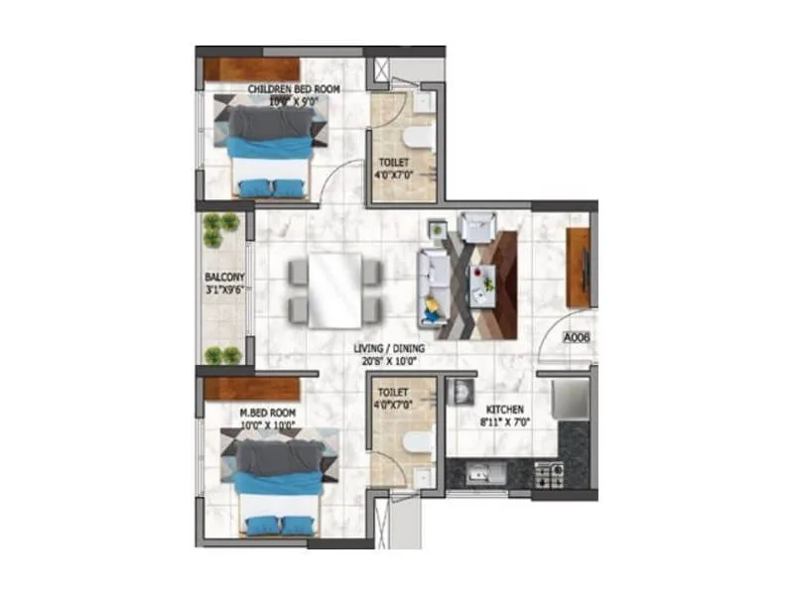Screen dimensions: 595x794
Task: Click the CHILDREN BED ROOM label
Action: [x=294, y=89]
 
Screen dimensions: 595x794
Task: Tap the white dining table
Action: [x=334, y=290]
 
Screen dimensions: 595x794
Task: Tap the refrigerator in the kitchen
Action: [x=571, y=399]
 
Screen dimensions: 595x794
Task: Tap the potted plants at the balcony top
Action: [x=220, y=229]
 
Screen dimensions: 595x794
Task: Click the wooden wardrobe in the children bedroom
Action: [x=252, y=69]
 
